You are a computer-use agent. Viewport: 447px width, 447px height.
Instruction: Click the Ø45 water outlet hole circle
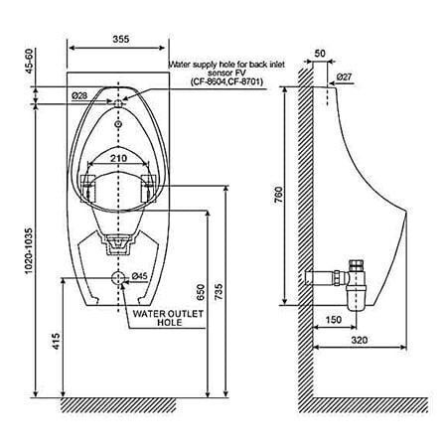point(118,277)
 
